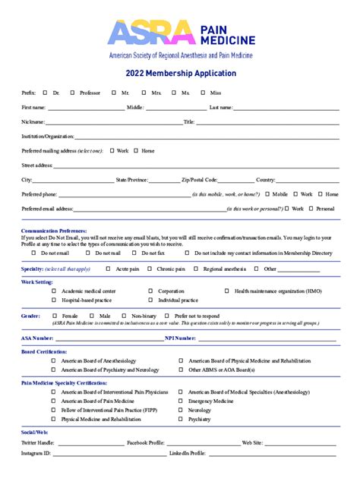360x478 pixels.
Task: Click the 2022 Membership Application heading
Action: tap(179, 74)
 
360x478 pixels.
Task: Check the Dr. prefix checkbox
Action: tap(46, 92)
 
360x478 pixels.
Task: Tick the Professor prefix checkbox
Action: tap(72, 92)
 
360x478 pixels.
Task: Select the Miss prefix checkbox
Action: tap(202, 92)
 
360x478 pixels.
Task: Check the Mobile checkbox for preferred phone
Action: tap(267, 194)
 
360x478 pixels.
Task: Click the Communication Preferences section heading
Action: tap(54, 230)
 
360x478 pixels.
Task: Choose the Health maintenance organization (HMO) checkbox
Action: tap(226, 291)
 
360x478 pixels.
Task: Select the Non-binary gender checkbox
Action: tap(124, 316)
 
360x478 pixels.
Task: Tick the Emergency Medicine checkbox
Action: tap(180, 401)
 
